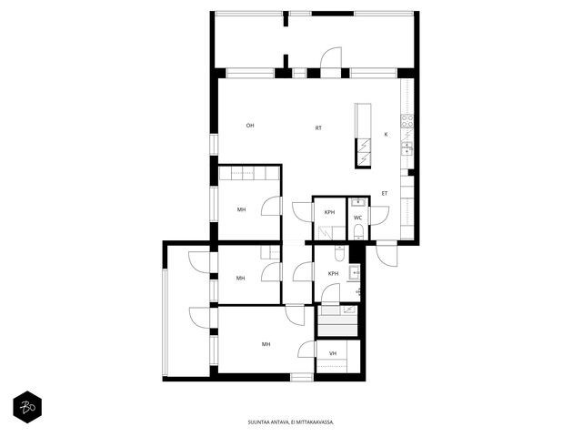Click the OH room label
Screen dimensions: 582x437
click(x=250, y=126)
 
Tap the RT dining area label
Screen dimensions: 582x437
click(x=318, y=127)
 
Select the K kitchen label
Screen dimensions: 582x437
click(x=386, y=134)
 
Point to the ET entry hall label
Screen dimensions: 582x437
click(x=385, y=193)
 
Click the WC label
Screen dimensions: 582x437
click(x=357, y=218)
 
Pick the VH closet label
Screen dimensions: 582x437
click(x=333, y=353)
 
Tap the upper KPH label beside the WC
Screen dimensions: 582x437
click(x=329, y=212)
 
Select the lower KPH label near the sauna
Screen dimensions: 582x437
click(x=334, y=273)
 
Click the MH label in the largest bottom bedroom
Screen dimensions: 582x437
click(x=266, y=344)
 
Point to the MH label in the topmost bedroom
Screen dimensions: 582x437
click(x=241, y=209)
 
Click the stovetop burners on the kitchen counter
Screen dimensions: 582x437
click(x=406, y=121)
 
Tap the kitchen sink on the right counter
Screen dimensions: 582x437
click(x=407, y=147)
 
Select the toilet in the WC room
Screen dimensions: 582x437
click(x=358, y=231)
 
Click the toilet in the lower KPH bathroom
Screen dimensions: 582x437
click(x=340, y=253)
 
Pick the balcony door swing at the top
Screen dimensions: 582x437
click(x=331, y=57)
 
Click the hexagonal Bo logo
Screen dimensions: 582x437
click(x=27, y=407)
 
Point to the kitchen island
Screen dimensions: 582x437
click(x=363, y=136)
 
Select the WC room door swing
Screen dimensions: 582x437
click(x=379, y=216)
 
